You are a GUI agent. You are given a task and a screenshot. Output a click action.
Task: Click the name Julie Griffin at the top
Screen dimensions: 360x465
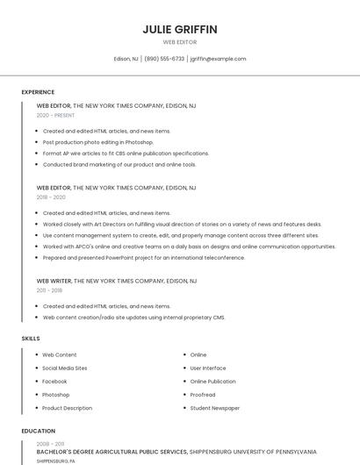(x=179, y=29)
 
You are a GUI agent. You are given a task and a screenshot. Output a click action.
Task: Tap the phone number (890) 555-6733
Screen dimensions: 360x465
(x=164, y=59)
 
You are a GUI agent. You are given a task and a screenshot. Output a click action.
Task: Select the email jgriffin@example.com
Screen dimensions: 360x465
(x=218, y=59)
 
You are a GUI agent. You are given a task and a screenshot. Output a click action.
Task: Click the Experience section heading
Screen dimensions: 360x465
(x=38, y=92)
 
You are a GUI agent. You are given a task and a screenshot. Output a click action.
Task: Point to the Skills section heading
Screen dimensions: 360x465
(x=31, y=338)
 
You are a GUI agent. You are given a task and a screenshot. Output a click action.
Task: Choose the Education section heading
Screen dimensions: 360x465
(x=38, y=431)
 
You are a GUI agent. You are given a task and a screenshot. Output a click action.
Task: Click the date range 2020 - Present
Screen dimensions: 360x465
(x=55, y=115)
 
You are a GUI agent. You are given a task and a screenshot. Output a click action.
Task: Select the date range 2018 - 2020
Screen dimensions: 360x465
(x=52, y=197)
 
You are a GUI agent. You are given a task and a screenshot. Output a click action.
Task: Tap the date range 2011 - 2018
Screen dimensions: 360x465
(x=49, y=290)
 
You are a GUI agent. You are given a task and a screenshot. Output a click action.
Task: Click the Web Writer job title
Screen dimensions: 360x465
(x=53, y=280)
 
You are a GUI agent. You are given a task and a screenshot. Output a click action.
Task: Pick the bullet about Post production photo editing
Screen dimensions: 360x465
(x=97, y=142)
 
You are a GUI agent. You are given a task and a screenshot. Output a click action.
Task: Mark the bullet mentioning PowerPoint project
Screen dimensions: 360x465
(x=144, y=258)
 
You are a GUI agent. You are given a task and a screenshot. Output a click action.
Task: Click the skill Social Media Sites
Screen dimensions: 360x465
(x=64, y=368)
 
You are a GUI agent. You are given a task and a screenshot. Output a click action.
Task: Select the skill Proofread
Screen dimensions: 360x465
(x=202, y=395)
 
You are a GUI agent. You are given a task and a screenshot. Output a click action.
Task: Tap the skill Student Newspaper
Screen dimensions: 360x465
(x=214, y=408)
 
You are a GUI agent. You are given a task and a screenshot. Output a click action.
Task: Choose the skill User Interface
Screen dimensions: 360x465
(x=207, y=368)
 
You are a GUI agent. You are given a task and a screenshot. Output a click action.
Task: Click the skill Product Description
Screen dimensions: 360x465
(x=67, y=408)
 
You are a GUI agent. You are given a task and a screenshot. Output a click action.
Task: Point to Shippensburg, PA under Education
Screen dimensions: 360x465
(x=55, y=461)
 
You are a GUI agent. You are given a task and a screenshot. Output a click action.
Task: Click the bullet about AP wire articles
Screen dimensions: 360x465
(x=126, y=153)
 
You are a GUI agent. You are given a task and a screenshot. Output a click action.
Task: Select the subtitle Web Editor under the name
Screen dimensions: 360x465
(x=179, y=42)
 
